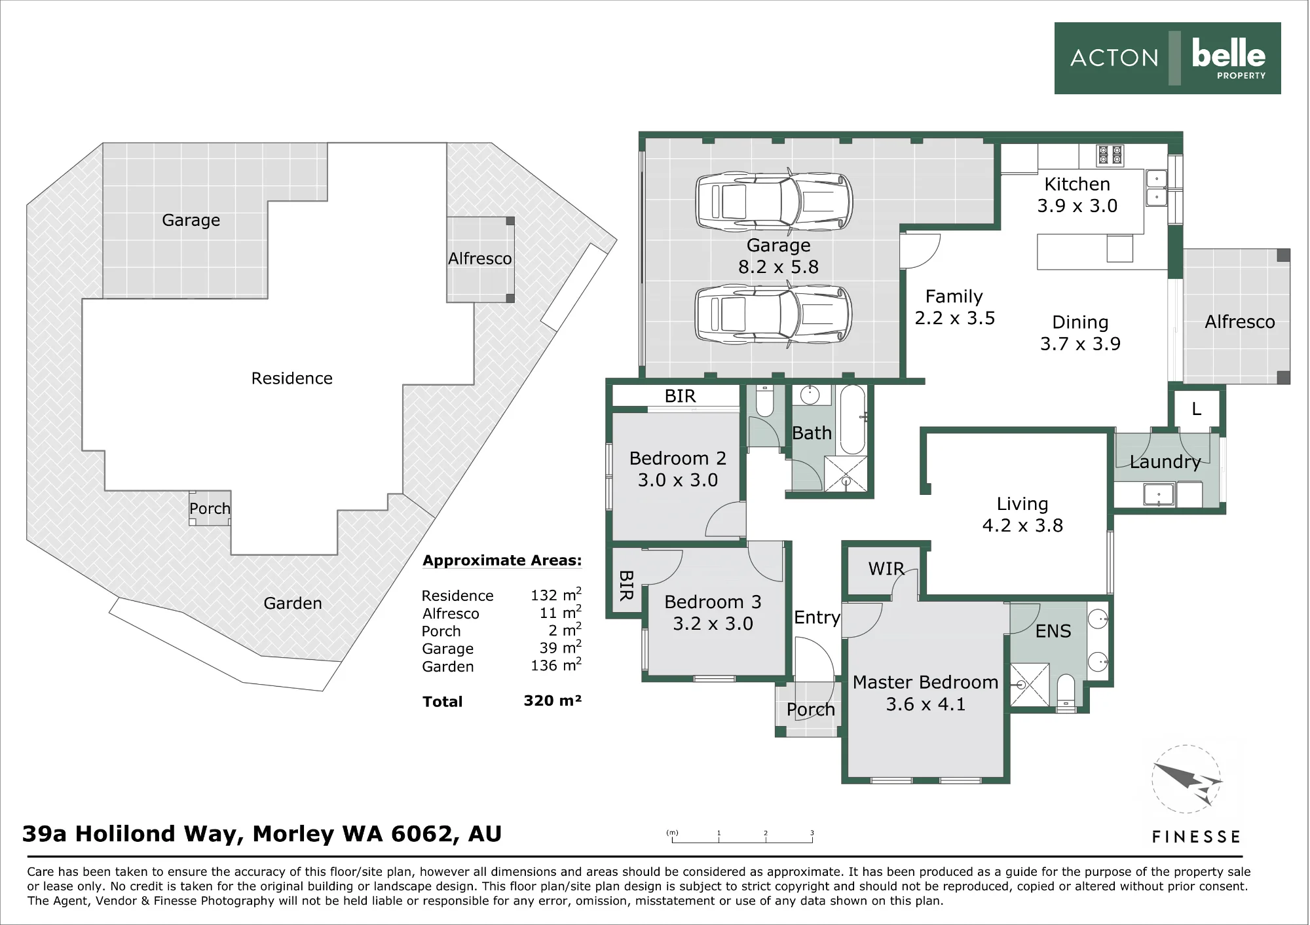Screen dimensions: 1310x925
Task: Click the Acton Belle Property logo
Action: [1167, 58]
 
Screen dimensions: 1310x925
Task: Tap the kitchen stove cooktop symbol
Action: [1110, 155]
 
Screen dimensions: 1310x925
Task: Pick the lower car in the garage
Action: [774, 314]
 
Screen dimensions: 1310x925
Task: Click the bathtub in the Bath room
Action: [853, 420]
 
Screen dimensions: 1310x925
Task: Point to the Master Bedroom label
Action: [926, 682]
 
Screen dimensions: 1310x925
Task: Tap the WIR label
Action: [886, 569]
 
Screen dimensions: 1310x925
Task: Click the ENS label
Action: [1053, 631]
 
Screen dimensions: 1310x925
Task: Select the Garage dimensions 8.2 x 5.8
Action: [778, 267]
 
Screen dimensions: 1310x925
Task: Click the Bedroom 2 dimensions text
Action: [678, 480]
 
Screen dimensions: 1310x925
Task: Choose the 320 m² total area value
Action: [552, 700]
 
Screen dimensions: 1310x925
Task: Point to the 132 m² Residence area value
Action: [556, 594]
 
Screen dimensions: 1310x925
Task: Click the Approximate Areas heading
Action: [502, 560]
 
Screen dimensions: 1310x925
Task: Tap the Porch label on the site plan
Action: [210, 509]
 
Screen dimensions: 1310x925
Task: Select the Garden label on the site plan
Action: [293, 603]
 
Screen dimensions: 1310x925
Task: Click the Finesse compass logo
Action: [1187, 779]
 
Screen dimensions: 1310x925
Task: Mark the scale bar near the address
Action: [742, 837]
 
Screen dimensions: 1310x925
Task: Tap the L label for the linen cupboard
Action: [1196, 409]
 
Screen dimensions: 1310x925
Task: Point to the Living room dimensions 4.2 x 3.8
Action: [1022, 526]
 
